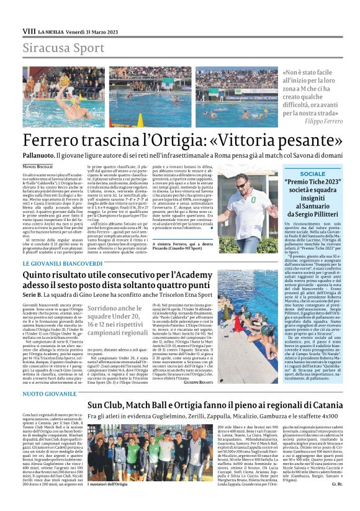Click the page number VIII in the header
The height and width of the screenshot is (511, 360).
[x=29, y=30]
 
